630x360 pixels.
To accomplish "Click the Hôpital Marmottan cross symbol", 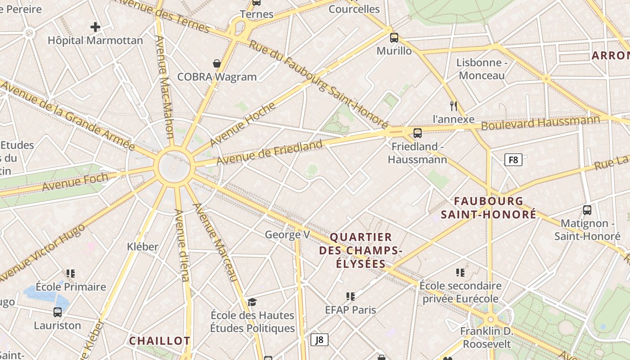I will point(95,27).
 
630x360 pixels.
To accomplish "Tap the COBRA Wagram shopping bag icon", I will point(217,63).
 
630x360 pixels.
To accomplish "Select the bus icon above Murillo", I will point(394,37).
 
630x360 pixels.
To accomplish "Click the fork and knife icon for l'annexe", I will point(454,106).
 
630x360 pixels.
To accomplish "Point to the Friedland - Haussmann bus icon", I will point(418,133).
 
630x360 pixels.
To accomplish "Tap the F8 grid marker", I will point(513,160).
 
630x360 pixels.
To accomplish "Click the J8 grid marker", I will point(319,339).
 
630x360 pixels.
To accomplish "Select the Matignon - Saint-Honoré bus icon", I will point(587,210).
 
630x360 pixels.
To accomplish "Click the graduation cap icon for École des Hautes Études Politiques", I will point(252,302).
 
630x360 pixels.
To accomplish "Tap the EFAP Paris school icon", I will point(351,296).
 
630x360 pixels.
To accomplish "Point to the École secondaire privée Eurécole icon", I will point(460,272).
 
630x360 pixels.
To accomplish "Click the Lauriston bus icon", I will point(58,312).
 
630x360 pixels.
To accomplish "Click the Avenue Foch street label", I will point(75,181).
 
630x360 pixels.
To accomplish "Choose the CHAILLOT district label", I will point(160,341).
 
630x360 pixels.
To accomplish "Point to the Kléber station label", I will point(143,247).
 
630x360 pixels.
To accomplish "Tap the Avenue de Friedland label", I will point(270,153).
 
